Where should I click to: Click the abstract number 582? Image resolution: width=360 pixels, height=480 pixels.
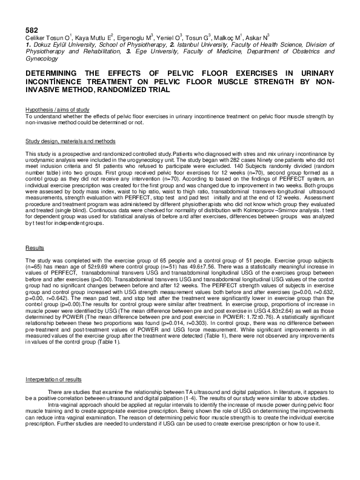(32, 28)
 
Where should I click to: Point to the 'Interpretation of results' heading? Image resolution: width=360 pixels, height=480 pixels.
(53, 379)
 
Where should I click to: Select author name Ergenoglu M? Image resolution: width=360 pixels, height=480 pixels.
(135, 38)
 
